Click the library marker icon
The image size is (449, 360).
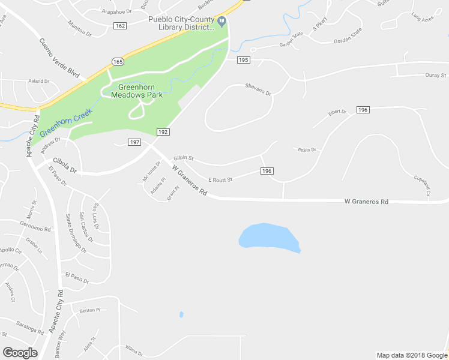pyautogui.click(x=222, y=23)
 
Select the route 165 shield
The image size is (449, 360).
pyautogui.click(x=118, y=61)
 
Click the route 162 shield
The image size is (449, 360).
pyautogui.click(x=120, y=25)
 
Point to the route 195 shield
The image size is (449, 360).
pyautogui.click(x=243, y=60)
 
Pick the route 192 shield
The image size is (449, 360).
pyautogui.click(x=163, y=132)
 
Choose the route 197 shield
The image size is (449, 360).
pyautogui.click(x=134, y=142)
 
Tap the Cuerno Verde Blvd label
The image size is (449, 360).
pyautogui.click(x=59, y=57)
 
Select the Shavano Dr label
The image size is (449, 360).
pyautogui.click(x=258, y=89)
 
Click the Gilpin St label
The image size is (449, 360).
pyautogui.click(x=183, y=158)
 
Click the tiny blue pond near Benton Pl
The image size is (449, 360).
pyautogui.click(x=181, y=314)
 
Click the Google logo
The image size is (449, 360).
pyautogui.click(x=20, y=353)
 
